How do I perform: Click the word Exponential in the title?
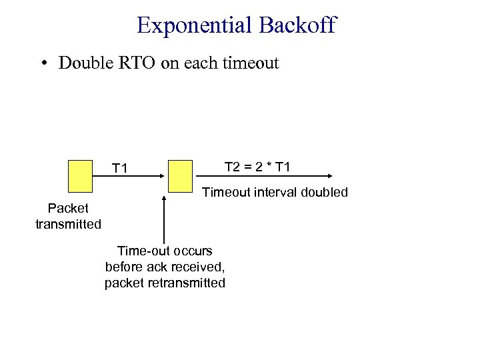click(x=193, y=25)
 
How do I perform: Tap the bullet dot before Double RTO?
click(x=43, y=63)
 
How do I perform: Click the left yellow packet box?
click(x=80, y=176)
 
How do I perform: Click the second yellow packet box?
click(x=180, y=176)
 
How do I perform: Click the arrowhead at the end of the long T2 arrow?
click(x=330, y=176)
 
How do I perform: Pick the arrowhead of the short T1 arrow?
click(x=163, y=176)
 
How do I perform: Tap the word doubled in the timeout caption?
click(x=324, y=193)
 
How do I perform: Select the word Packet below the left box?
click(x=68, y=209)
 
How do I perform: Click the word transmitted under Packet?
click(x=68, y=225)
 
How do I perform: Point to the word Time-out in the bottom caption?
click(x=140, y=251)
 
